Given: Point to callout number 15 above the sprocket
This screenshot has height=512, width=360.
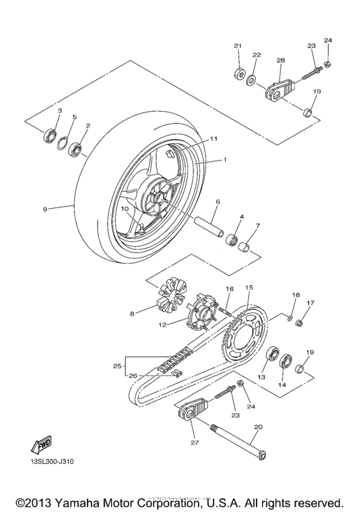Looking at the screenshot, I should [249, 287].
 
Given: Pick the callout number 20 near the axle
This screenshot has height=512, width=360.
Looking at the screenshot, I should [258, 427].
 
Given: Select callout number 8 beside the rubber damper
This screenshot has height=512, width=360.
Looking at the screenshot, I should [132, 314].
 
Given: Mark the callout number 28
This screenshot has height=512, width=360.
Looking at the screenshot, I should [280, 60].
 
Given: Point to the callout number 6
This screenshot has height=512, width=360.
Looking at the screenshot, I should [217, 202].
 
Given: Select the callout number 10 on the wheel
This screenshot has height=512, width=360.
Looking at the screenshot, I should [124, 209].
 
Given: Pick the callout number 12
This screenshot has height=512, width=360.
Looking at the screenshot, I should [163, 326].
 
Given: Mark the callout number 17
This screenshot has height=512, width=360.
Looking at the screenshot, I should [310, 303].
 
